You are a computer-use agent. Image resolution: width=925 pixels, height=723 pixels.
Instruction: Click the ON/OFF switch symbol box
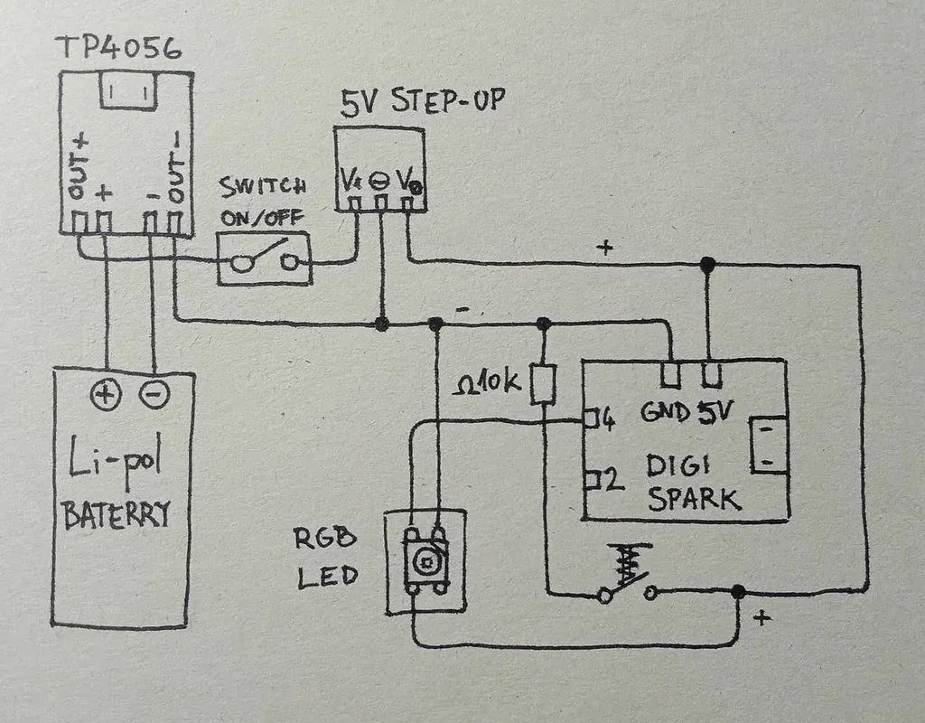(x=264, y=259)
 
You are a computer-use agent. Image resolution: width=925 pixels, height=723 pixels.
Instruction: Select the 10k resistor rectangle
(x=543, y=384)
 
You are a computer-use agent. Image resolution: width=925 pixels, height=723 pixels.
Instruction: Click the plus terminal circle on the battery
(x=105, y=394)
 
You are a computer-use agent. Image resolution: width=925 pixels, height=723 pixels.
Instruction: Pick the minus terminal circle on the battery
(x=154, y=394)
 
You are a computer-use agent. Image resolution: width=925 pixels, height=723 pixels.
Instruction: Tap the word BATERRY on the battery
(x=116, y=515)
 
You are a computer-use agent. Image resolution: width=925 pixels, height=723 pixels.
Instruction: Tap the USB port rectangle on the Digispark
(x=766, y=446)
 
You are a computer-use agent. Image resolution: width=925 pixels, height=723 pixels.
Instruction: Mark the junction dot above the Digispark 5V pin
(x=708, y=263)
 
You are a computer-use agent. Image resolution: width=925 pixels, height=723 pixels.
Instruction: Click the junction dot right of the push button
(x=738, y=592)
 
